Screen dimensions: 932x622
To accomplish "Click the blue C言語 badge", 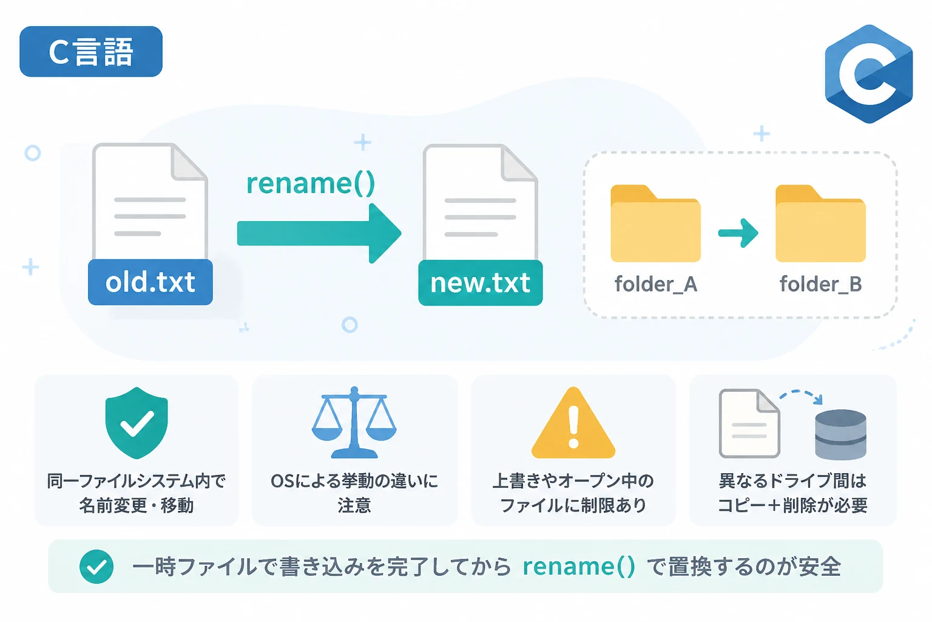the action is (90, 51).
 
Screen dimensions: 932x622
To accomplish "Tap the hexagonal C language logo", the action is (869, 73).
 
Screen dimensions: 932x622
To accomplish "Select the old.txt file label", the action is (150, 282).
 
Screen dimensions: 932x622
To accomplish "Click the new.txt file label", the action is (481, 283).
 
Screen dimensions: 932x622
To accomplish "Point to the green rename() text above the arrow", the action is (311, 183).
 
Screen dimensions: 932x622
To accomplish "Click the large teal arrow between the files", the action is (319, 233).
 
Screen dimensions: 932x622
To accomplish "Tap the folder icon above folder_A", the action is (656, 224).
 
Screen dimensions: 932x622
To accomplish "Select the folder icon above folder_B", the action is (820, 224).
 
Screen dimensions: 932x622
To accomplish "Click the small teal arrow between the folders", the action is (738, 233).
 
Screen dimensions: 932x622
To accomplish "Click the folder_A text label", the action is (656, 284).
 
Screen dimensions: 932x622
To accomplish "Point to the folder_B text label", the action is (820, 284).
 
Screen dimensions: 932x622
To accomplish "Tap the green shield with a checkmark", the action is (137, 423).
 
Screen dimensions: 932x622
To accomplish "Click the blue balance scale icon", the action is (354, 422).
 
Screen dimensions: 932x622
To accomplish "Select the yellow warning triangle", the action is (573, 423).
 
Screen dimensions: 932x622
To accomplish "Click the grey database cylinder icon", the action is (840, 434).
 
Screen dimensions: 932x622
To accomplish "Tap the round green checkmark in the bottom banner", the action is (96, 567).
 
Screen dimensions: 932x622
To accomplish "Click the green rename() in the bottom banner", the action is (579, 567).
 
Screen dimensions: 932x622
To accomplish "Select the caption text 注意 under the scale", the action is (354, 505).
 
